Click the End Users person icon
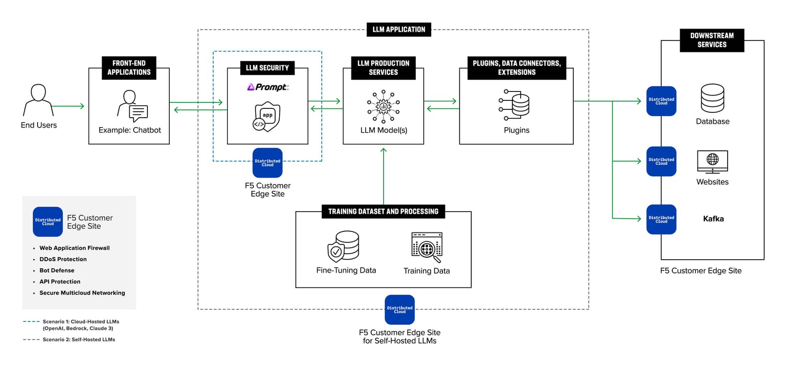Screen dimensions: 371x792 click(38, 100)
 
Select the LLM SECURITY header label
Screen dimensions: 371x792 click(267, 68)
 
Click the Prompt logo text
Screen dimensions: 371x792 click(268, 87)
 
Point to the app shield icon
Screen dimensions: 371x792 click(267, 117)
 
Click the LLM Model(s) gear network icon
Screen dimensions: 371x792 click(383, 106)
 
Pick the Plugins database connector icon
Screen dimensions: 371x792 click(514, 104)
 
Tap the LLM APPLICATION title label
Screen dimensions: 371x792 click(398, 30)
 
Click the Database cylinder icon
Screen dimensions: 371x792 click(712, 98)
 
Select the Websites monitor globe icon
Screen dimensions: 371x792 click(712, 161)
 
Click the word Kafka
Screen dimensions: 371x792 click(713, 219)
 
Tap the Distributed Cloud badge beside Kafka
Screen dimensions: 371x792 click(661, 219)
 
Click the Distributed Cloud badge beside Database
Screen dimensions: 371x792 click(661, 101)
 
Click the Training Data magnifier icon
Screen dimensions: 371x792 click(427, 247)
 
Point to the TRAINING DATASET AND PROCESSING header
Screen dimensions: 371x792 click(383, 212)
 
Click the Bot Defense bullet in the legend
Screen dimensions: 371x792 click(57, 271)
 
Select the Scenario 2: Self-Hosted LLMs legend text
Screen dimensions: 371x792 click(79, 340)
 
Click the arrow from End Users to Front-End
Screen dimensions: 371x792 click(68, 106)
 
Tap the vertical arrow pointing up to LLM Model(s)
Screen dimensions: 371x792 click(384, 176)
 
